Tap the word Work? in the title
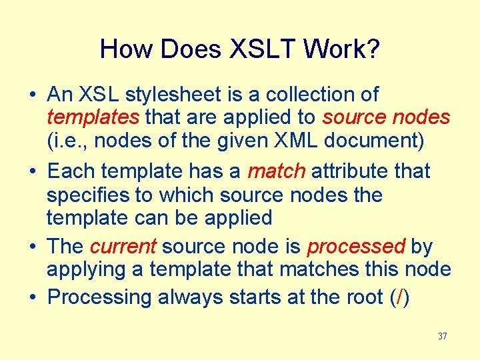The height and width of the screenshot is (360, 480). click(x=345, y=49)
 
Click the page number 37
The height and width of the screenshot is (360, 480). click(x=442, y=336)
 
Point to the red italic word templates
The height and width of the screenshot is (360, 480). click(x=93, y=118)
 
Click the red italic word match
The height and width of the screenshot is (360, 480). click(x=276, y=171)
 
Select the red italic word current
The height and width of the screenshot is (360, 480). click(x=123, y=247)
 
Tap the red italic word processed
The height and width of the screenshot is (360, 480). click(x=355, y=247)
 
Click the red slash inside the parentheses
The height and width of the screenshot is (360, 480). click(x=399, y=297)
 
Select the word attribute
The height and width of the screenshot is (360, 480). click(x=350, y=171)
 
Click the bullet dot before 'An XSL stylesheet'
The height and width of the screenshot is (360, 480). click(x=33, y=95)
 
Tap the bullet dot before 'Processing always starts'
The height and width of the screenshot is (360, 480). click(x=33, y=297)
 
